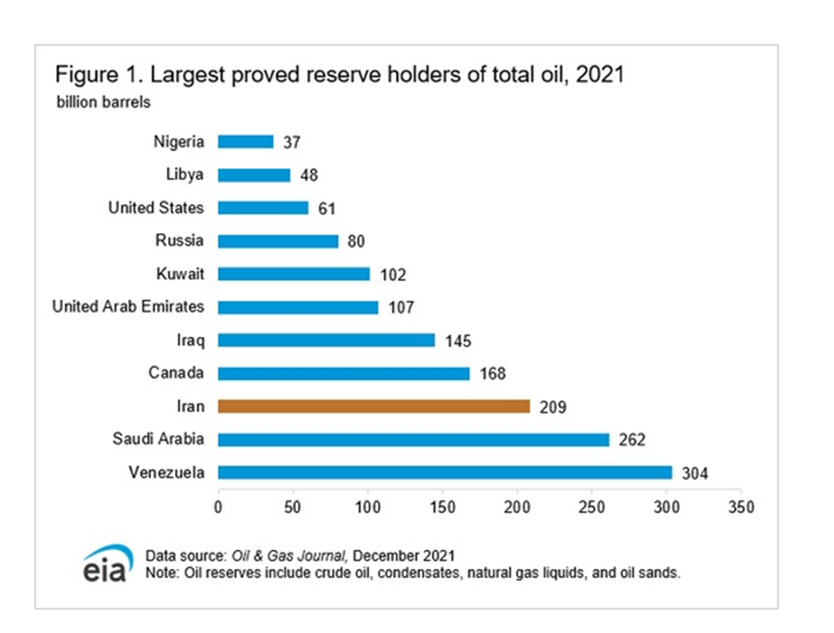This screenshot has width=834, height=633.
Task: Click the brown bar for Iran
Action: (374, 407)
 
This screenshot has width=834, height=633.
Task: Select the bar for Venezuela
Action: (444, 473)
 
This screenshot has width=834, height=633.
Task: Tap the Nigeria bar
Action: (246, 141)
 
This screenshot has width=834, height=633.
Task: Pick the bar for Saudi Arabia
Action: (413, 439)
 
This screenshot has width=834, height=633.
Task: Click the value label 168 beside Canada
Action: (492, 374)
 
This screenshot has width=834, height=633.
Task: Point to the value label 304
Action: (694, 474)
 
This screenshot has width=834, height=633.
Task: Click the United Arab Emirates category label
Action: (128, 307)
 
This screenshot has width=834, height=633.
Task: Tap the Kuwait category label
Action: (179, 273)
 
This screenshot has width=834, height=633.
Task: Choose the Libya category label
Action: (185, 174)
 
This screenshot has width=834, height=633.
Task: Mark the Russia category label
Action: (181, 240)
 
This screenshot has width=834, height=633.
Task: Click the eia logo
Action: (108, 564)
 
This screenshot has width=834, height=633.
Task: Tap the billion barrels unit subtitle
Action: (103, 102)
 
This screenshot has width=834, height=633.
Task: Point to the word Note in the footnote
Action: (162, 573)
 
